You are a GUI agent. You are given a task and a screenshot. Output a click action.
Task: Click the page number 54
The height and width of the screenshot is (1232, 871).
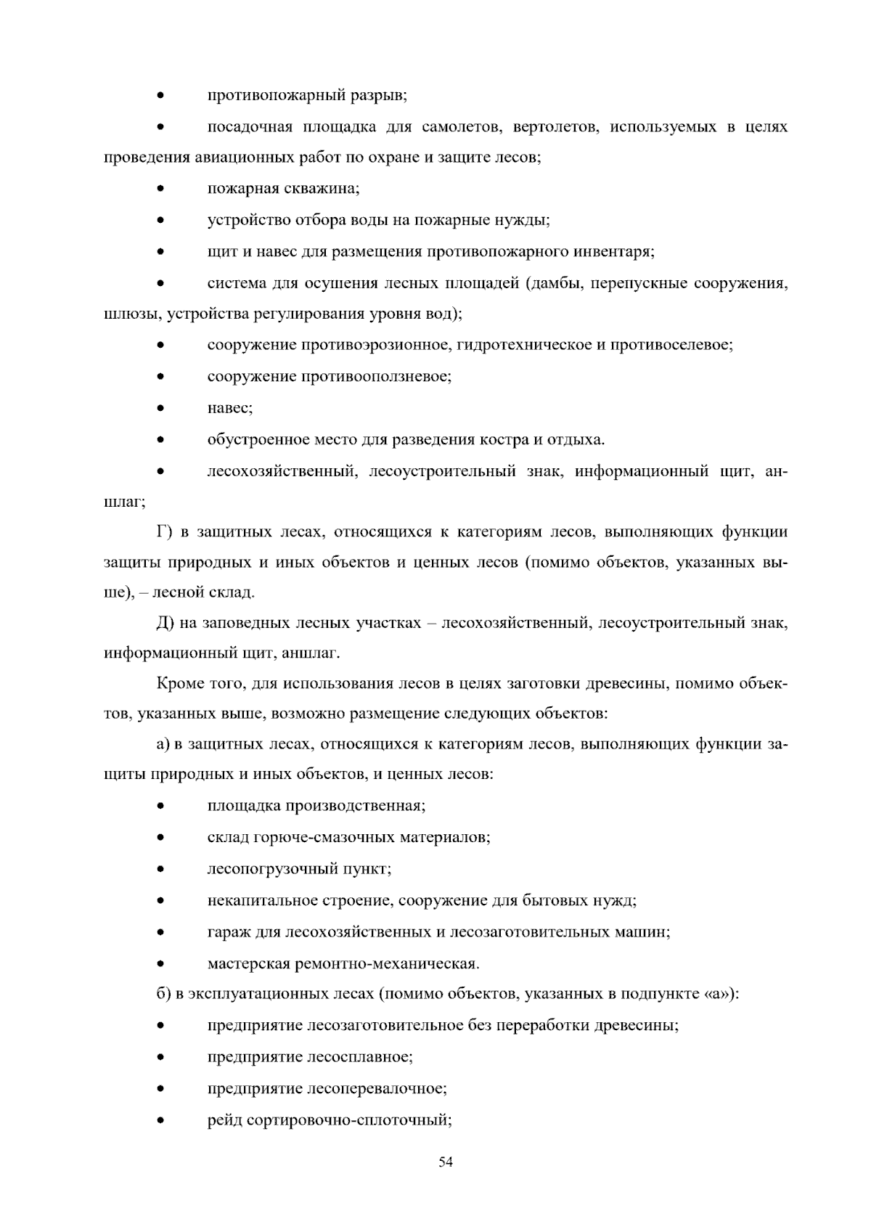[446, 1162]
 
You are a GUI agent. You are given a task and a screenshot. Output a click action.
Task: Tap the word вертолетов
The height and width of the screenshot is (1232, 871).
[555, 127]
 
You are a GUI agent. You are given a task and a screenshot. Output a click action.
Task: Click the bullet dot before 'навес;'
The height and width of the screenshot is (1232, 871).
[160, 409]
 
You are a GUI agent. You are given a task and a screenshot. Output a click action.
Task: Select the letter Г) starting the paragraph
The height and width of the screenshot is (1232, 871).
[164, 532]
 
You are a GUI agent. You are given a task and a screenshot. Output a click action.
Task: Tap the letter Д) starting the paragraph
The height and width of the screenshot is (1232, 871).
[164, 623]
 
